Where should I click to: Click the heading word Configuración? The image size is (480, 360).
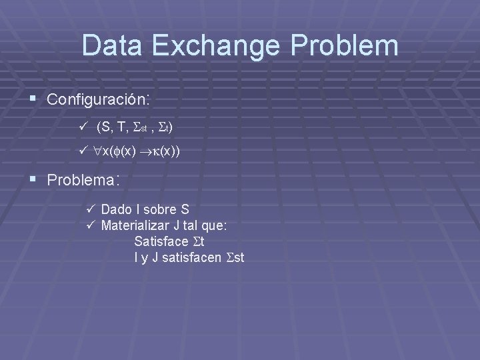(99, 100)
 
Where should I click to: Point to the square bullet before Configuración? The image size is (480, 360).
(34, 100)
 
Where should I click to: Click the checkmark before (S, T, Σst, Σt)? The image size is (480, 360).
(83, 127)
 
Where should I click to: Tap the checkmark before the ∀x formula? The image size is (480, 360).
(83, 152)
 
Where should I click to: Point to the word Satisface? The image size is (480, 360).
(161, 241)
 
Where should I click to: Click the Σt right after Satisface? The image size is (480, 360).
(198, 241)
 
